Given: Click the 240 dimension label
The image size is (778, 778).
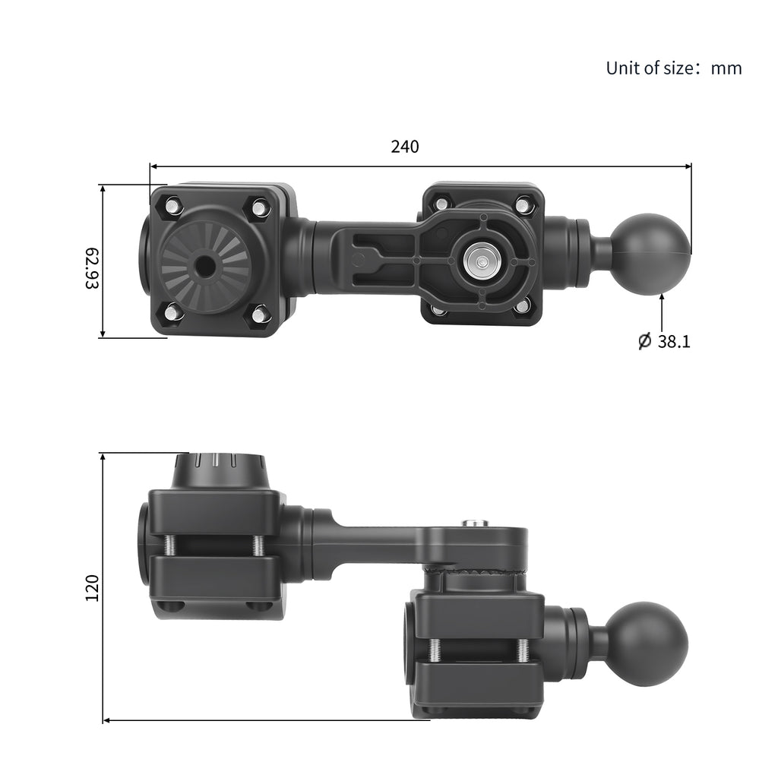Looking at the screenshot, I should [x=404, y=147].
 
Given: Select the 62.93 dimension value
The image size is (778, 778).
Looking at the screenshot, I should [x=91, y=267].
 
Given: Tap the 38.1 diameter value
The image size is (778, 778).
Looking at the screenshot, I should [x=673, y=342].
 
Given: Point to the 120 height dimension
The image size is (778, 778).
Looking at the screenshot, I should [x=92, y=588].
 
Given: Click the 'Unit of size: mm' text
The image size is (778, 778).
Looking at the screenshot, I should [x=673, y=68].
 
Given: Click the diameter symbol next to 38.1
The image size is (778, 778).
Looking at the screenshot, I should [x=644, y=341].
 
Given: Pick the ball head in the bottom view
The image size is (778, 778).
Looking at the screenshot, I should [x=647, y=644].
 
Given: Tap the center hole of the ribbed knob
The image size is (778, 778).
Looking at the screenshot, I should [x=204, y=267].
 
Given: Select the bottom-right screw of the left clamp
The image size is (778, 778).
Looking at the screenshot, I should [x=260, y=313].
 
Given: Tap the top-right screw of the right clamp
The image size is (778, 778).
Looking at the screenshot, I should [x=523, y=204].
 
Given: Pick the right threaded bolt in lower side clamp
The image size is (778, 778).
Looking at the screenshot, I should [x=523, y=650].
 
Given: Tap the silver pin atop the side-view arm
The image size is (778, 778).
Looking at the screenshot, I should [x=475, y=523].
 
